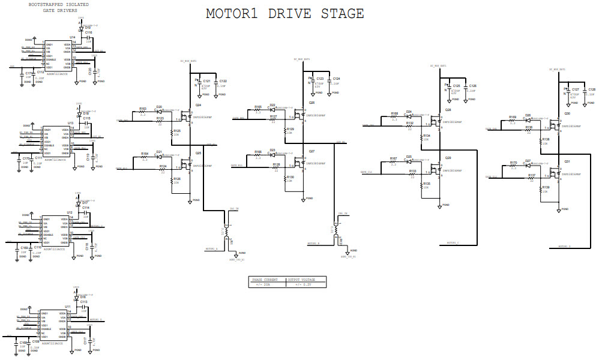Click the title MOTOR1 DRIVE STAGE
click(x=284, y=14)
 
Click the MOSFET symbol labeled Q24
click(x=188, y=114)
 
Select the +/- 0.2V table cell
click(x=306, y=284)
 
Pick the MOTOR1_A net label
click(x=211, y=248)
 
